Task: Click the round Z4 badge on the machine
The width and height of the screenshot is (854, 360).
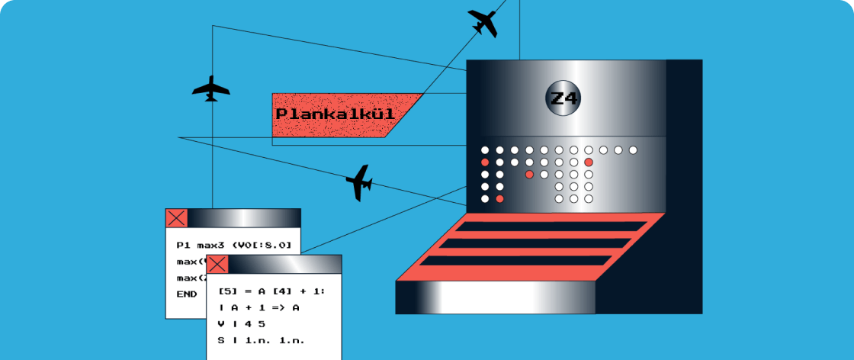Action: [564, 98]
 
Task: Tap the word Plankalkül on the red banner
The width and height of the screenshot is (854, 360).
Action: [335, 114]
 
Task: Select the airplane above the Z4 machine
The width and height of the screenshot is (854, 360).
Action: [483, 22]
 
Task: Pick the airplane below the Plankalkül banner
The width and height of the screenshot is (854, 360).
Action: [358, 183]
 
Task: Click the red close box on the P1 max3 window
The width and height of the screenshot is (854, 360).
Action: [176, 218]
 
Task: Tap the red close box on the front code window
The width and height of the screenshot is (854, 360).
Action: [217, 265]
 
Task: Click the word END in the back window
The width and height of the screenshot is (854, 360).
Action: [186, 294]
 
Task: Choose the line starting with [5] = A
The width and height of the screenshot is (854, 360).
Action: [271, 291]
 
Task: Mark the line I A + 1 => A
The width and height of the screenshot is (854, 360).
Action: [258, 307]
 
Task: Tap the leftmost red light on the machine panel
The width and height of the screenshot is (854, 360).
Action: [485, 162]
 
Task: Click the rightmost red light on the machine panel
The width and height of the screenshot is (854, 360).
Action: [589, 162]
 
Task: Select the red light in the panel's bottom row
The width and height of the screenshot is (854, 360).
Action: [499, 198]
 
